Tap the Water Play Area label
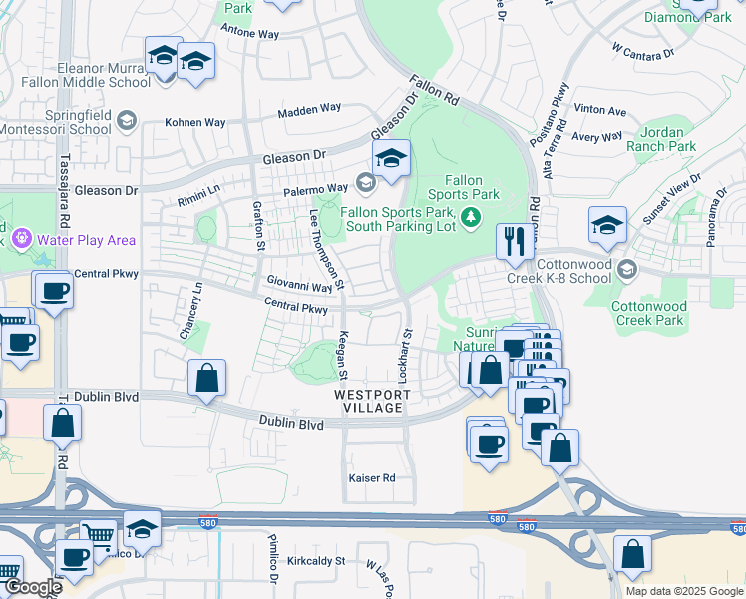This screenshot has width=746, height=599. [86, 240]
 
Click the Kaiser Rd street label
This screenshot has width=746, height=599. [372, 478]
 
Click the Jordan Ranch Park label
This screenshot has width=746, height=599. [661, 139]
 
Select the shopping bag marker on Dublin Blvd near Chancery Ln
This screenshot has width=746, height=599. [206, 378]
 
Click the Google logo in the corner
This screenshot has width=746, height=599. [32, 588]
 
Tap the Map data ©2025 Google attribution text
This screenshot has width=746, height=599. [684, 591]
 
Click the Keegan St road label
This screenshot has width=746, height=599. [342, 355]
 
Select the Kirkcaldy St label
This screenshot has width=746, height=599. [311, 561]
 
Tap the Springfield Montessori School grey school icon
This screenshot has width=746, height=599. [126, 121]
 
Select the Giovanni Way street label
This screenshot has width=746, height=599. [298, 287]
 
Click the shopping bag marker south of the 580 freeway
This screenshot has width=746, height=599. [632, 554]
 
